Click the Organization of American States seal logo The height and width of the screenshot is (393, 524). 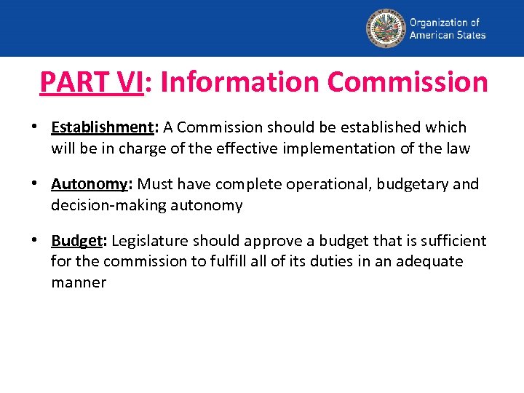point(385,28)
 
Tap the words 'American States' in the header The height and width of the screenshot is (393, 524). point(448,35)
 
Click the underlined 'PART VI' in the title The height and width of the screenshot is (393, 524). point(91,82)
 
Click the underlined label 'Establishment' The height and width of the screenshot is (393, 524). point(100,127)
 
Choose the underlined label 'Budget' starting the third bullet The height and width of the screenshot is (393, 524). point(76,241)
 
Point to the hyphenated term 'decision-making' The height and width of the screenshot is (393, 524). point(107,205)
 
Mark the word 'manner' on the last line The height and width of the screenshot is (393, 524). point(79,282)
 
